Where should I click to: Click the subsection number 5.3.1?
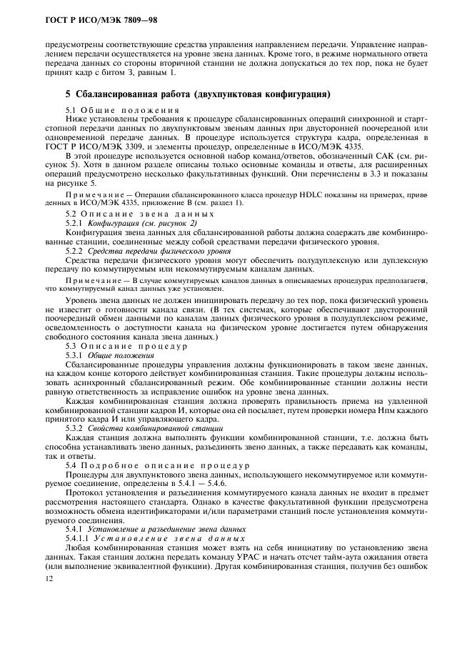pyautogui.click(x=75, y=355)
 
